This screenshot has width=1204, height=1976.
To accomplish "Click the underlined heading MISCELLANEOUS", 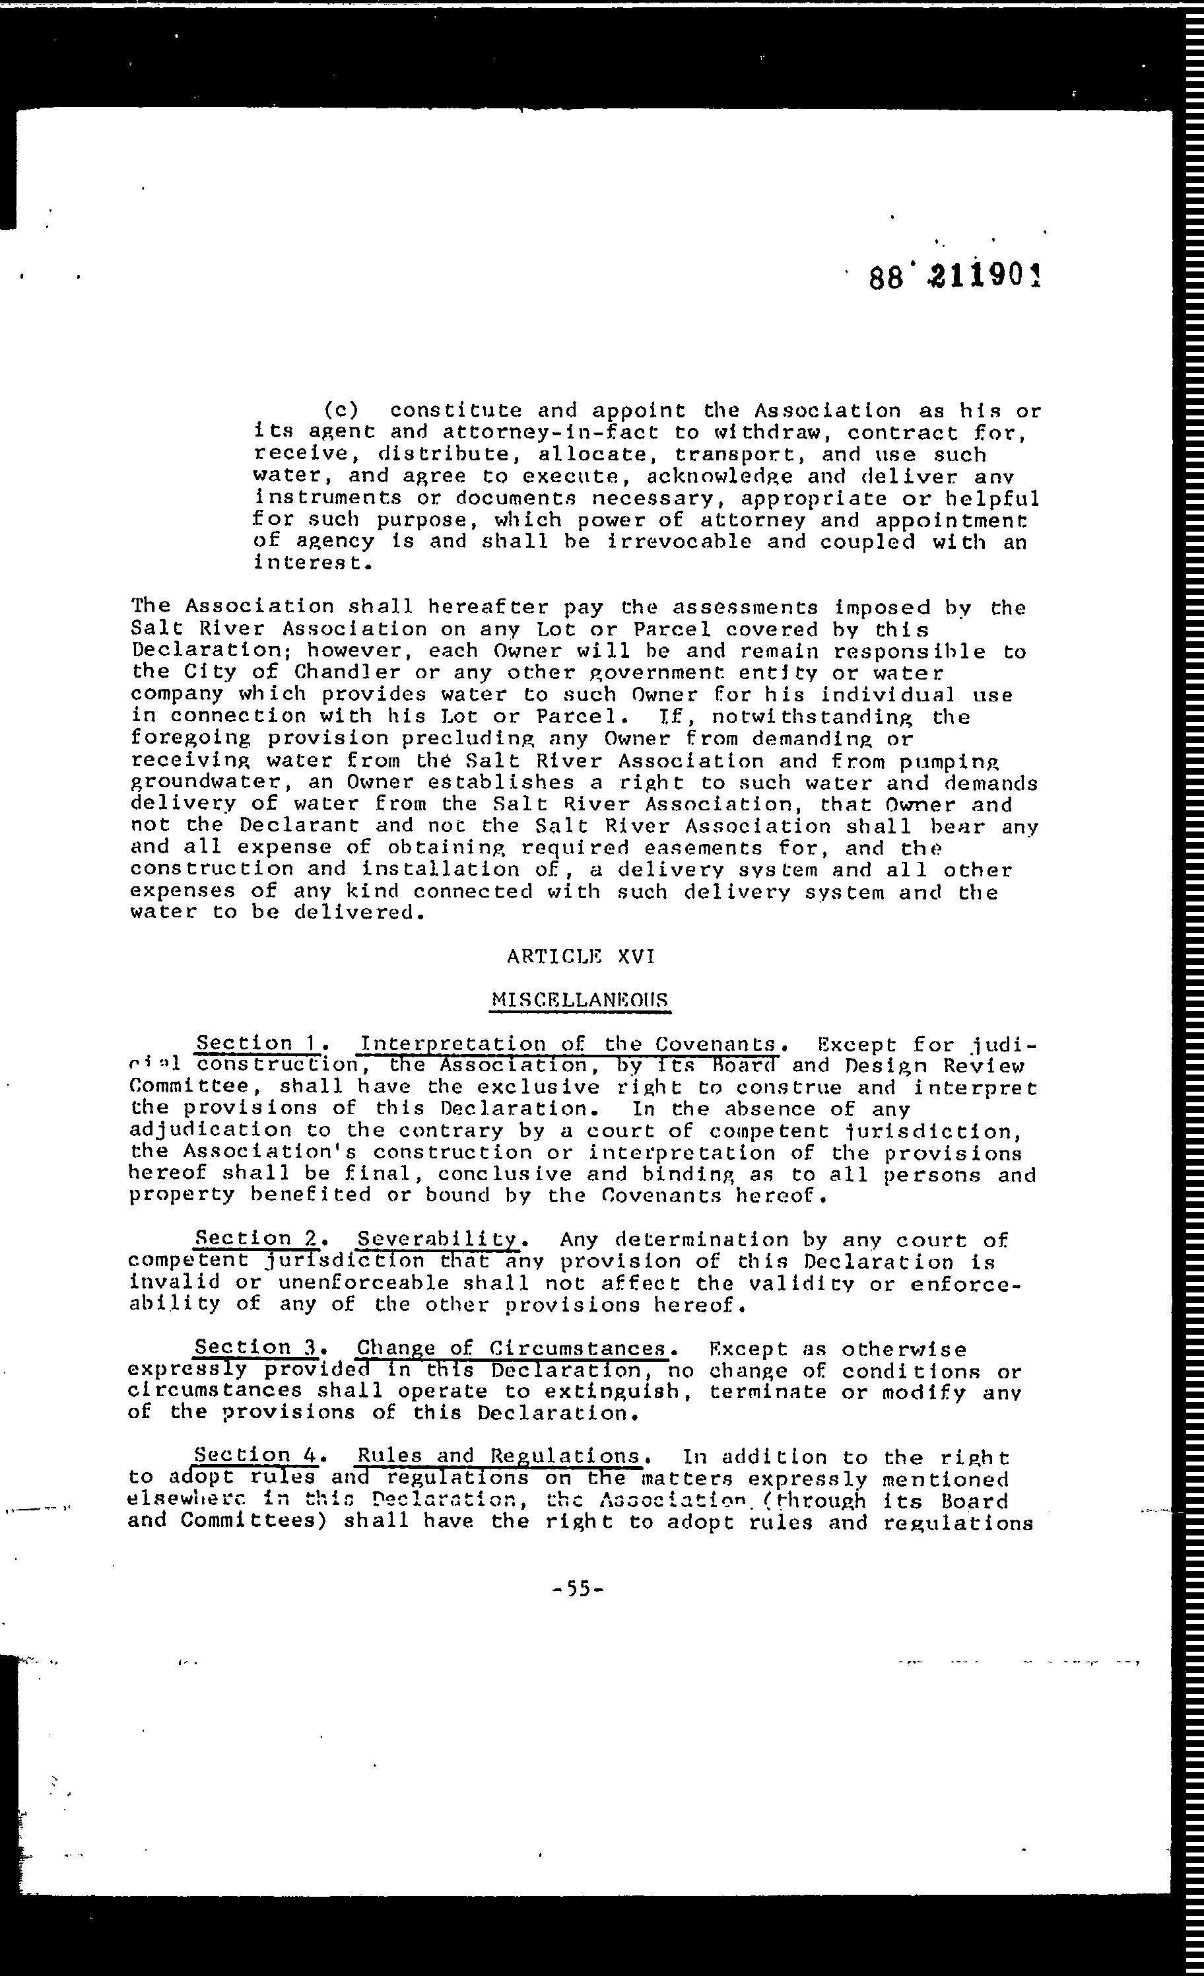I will pyautogui.click(x=580, y=1000).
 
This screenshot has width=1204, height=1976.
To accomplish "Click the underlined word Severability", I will pyautogui.click(x=438, y=1240).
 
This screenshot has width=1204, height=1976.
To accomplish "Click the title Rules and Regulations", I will pyautogui.click(x=498, y=1456).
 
